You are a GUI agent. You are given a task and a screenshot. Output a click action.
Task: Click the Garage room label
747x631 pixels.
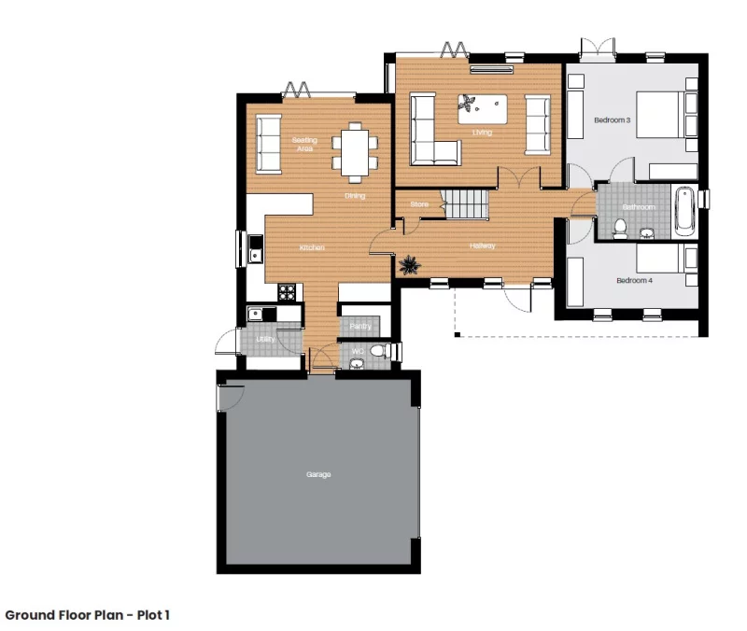(x=318, y=475)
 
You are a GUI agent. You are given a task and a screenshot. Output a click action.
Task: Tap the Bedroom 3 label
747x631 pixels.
(x=612, y=120)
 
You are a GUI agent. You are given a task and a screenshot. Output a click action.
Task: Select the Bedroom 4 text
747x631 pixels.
(x=635, y=280)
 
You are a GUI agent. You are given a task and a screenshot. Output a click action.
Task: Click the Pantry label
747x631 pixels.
(x=360, y=326)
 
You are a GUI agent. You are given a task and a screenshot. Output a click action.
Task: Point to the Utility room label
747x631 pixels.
(x=265, y=339)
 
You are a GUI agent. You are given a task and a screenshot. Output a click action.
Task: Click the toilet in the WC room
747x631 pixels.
(x=377, y=351)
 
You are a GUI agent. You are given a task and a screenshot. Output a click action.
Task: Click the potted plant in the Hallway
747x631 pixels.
(x=410, y=266)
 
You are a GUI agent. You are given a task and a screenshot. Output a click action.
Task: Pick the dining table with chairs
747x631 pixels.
(x=356, y=152)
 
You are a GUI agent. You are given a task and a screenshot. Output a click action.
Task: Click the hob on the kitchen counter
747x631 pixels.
(x=288, y=291)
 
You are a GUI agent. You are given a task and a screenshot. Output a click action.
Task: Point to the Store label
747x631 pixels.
(x=418, y=203)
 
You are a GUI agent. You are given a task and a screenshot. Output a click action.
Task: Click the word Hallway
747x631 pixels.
(x=483, y=246)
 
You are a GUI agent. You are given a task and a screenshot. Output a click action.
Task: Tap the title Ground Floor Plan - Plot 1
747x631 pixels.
(x=87, y=615)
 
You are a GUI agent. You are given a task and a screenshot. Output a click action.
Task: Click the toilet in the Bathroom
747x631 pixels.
(x=620, y=225)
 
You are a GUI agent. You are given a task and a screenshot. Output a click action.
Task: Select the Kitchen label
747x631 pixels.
(x=312, y=247)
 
